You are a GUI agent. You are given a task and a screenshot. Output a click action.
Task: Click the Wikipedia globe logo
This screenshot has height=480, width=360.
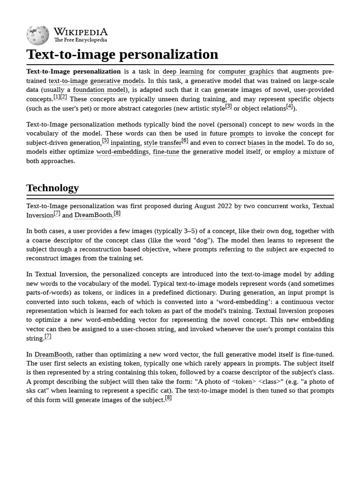[37, 35]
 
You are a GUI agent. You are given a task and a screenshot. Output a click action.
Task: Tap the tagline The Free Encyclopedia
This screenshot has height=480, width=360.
[80, 40]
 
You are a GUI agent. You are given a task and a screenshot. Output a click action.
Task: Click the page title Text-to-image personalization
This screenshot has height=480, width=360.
[122, 54]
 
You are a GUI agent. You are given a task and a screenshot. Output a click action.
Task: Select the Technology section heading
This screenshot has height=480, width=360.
[52, 188]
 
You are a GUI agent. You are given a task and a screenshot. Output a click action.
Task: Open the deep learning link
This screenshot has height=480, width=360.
[183, 72]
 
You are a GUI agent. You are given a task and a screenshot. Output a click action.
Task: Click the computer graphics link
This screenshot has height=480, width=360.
[246, 72]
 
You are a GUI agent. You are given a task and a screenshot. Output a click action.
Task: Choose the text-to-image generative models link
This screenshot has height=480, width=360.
[96, 81]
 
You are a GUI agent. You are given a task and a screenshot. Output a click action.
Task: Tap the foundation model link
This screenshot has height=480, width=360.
[99, 90]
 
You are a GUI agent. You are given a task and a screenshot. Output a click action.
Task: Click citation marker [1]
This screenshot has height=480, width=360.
[57, 97]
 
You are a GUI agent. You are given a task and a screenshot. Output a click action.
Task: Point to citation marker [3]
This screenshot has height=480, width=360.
[228, 106]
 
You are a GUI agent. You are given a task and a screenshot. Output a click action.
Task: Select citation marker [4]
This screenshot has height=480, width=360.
[289, 106]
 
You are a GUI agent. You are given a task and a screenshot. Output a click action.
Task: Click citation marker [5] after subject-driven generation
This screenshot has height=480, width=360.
[105, 141]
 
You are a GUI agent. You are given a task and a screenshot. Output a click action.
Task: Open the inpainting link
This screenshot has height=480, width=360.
[125, 143]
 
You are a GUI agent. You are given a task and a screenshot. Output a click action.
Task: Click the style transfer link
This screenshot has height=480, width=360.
[162, 143]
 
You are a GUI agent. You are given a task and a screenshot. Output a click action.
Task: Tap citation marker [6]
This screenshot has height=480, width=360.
[185, 141]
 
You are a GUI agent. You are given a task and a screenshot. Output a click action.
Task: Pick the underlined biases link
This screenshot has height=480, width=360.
[256, 143]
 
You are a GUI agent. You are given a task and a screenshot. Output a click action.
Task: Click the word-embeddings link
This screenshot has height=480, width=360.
[123, 152]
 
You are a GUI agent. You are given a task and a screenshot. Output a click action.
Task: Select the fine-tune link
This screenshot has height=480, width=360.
[166, 152]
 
